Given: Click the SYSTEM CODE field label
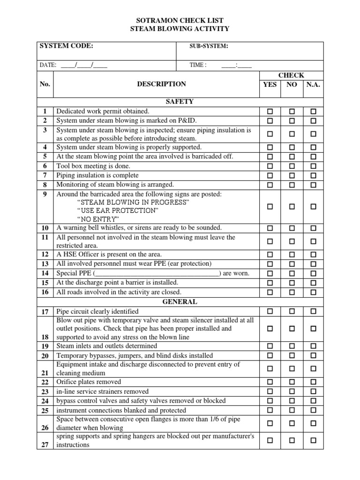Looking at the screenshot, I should [x=66, y=46].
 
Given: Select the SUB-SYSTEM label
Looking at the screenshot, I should [x=209, y=46].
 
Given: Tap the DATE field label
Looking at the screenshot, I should [x=48, y=65].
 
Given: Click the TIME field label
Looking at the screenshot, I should [x=198, y=65].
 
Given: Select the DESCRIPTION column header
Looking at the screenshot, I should [x=161, y=84].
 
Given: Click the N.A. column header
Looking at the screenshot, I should [x=313, y=85].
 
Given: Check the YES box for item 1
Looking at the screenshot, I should [x=270, y=112].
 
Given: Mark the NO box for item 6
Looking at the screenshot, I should [x=292, y=166].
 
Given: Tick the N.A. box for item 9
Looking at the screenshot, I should [x=313, y=206].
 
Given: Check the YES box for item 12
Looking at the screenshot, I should [x=270, y=255].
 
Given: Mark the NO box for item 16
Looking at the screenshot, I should [x=292, y=292].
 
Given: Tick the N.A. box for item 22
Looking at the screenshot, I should [x=313, y=382].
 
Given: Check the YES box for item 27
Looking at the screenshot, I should [x=270, y=440].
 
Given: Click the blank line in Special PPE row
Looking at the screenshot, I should [x=157, y=274].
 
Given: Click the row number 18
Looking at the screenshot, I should [x=45, y=337].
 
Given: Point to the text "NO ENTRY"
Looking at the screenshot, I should [x=98, y=219].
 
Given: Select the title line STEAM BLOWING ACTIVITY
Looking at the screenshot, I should [x=180, y=29].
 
